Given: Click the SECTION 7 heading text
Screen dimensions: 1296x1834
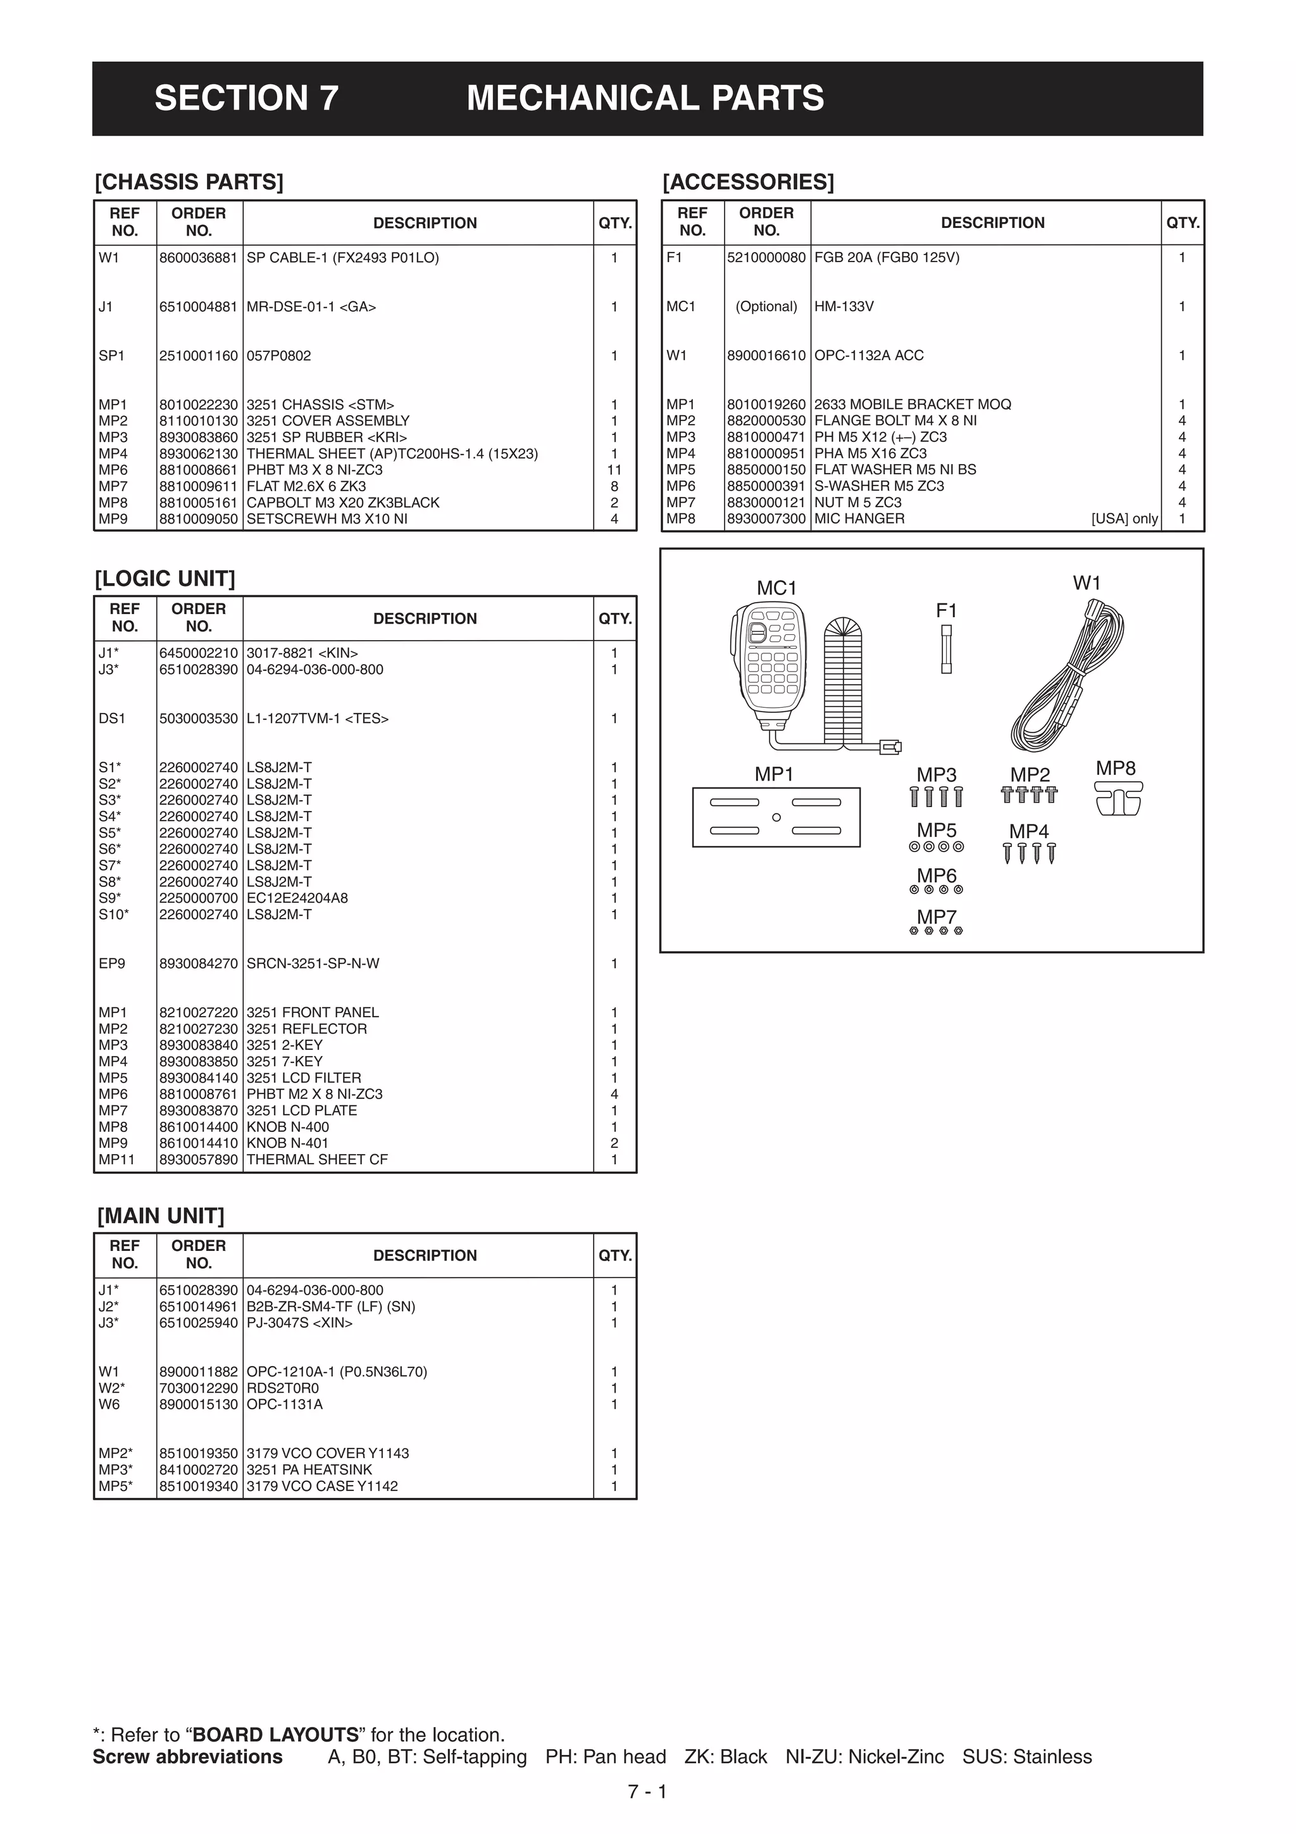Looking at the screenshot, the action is [246, 98].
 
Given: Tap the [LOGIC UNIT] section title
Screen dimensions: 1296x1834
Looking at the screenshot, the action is [165, 579].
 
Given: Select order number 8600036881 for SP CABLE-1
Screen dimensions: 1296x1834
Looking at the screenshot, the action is [198, 258].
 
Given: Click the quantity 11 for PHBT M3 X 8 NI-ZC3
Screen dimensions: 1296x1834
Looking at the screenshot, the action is [613, 470].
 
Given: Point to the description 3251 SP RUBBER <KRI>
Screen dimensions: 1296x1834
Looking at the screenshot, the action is [327, 437].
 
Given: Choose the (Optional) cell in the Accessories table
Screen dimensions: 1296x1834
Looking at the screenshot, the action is [766, 307].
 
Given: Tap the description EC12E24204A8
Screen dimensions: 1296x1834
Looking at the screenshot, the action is [297, 898].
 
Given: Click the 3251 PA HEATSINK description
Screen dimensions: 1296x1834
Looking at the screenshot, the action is [309, 1470].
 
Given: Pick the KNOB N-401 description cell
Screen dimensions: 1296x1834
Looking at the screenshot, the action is [287, 1143].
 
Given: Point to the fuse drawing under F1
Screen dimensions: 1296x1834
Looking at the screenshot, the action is [946, 649].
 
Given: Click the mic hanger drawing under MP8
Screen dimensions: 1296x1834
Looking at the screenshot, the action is [1119, 798].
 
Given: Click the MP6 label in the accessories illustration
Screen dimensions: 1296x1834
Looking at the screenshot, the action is [936, 876].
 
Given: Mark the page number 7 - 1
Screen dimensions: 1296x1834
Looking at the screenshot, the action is [647, 1792].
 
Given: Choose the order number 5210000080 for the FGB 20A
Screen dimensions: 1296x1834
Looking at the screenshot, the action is [766, 258].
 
